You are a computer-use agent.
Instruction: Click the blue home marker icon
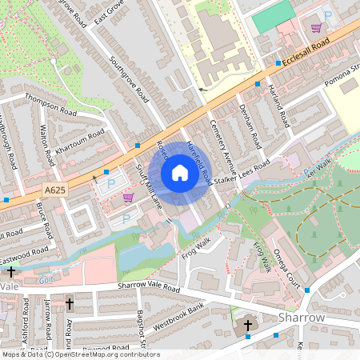point(180,172)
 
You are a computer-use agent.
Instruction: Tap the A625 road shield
point(54,190)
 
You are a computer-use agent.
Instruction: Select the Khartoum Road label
point(80,144)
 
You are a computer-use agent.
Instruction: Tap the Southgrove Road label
point(130,80)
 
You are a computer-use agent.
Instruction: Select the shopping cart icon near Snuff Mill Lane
point(128,198)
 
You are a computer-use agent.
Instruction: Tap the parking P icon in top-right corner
point(327,15)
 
